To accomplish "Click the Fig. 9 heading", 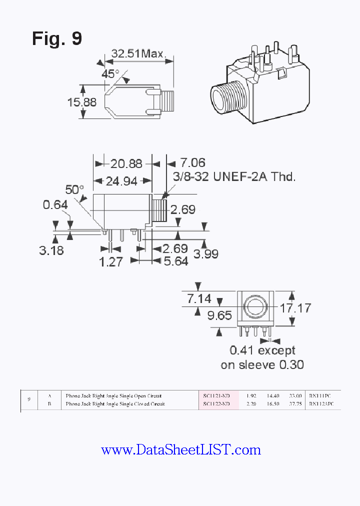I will [x=56, y=38].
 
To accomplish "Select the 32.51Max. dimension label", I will [x=138, y=53].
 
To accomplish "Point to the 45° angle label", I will [x=110, y=73].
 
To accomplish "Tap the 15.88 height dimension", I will [x=82, y=102].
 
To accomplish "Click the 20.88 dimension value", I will [x=126, y=163].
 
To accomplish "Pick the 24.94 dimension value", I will [x=121, y=181].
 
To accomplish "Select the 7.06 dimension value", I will [x=192, y=163].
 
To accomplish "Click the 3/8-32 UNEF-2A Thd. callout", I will [x=234, y=176].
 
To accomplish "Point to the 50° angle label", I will [x=75, y=189].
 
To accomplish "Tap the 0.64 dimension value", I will [x=55, y=205].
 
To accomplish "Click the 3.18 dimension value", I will [x=51, y=250].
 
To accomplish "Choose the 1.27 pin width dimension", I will [x=110, y=261].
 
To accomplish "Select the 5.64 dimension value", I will [x=175, y=261].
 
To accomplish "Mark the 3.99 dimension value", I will [x=206, y=253].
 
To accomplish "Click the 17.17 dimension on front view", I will [x=295, y=307].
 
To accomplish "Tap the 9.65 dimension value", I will [x=220, y=315].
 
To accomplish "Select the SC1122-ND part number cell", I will [x=216, y=403].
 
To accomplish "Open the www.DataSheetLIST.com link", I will [x=180, y=450].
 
